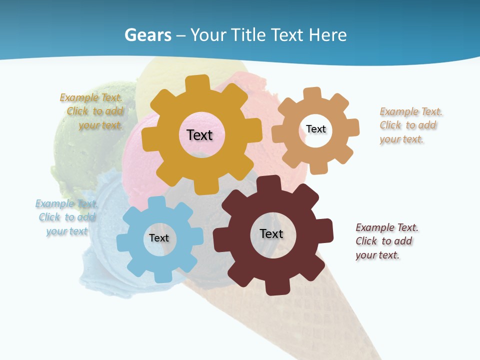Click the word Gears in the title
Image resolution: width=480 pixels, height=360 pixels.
(x=148, y=35)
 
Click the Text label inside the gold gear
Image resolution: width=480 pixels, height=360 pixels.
(x=200, y=135)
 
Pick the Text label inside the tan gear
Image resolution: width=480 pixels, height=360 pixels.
(x=316, y=129)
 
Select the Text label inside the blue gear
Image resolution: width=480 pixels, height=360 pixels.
(x=159, y=238)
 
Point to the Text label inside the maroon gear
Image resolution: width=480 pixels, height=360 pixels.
(x=271, y=233)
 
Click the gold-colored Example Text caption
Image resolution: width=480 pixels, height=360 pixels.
(x=93, y=111)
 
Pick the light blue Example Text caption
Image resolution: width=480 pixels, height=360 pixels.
(x=67, y=217)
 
